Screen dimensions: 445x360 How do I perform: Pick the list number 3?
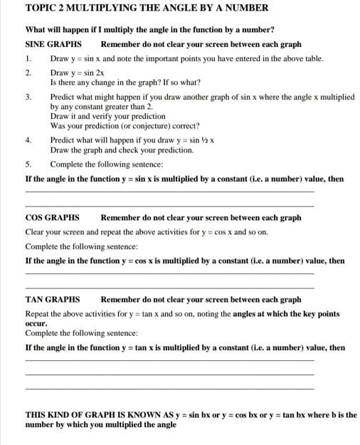coord(28,97)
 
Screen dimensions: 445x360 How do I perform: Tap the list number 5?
coord(28,164)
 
